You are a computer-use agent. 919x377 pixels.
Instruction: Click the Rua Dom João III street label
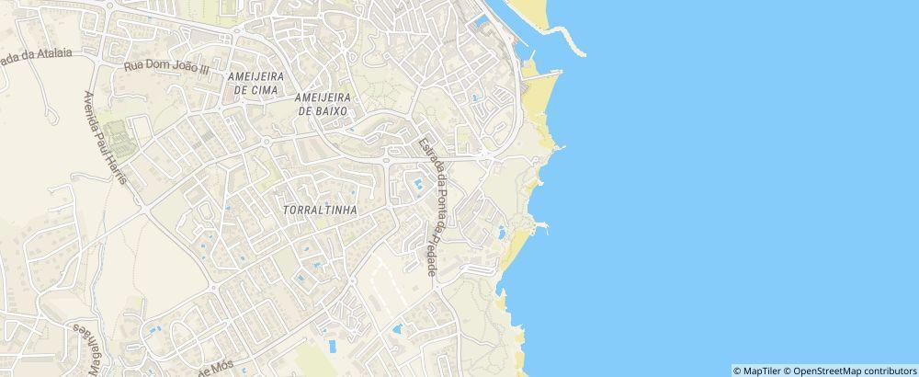166,66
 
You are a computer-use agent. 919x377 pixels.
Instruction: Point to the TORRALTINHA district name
314,210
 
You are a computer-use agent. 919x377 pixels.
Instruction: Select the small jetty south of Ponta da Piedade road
543,224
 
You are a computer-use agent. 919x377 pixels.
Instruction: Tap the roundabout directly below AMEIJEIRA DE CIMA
266,142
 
